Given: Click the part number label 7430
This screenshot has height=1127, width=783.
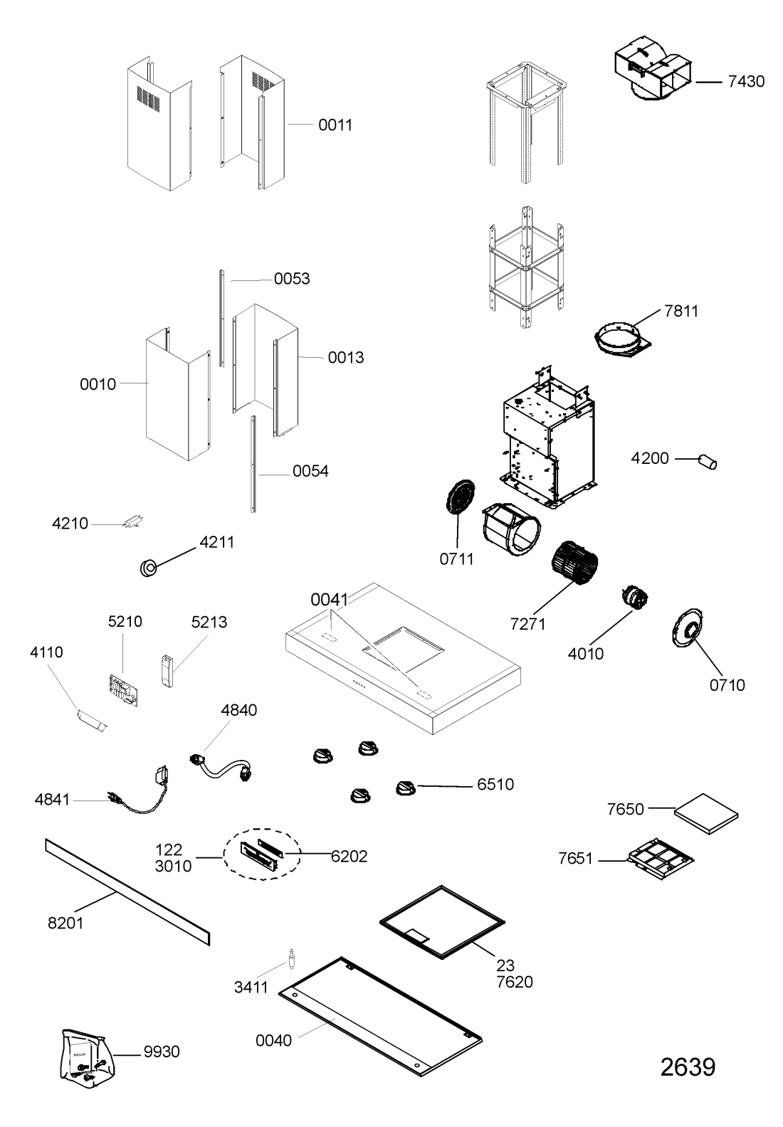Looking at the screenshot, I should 745,81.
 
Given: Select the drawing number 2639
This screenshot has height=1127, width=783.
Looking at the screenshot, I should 687,1067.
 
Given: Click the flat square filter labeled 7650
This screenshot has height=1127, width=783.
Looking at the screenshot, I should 705,813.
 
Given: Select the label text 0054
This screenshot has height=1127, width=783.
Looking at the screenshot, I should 310,471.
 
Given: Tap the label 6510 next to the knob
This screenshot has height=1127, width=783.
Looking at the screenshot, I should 495,785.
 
